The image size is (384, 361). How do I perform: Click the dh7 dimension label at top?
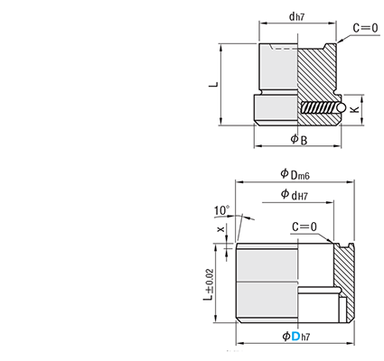click(x=297, y=16)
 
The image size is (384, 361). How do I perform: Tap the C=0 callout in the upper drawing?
click(x=365, y=28)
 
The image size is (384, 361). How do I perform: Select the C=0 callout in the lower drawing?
click(x=304, y=227)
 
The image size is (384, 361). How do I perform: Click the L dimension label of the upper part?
click(x=213, y=84)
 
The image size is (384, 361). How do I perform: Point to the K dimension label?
click(x=355, y=109)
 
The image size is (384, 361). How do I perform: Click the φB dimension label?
click(x=299, y=139)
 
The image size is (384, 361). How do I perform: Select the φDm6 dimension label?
click(x=295, y=174)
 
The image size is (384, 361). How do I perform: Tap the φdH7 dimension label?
click(x=294, y=195)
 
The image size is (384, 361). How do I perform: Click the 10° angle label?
click(x=221, y=210)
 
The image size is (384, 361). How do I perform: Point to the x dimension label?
click(x=221, y=229)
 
